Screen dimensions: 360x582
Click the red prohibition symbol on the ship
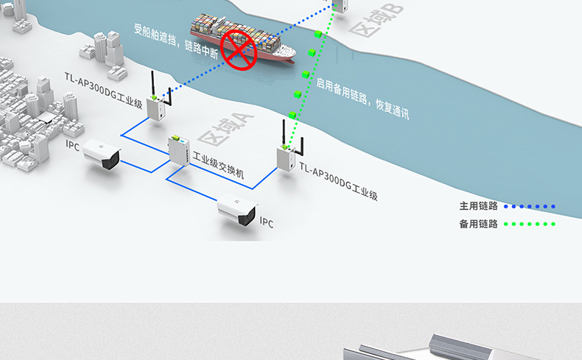[239, 49]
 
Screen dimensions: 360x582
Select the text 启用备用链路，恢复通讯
[362, 99]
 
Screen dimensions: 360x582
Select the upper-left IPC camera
[102, 154]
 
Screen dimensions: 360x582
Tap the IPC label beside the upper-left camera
[72, 144]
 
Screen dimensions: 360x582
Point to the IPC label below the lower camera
[266, 222]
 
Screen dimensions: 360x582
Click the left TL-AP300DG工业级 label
[103, 89]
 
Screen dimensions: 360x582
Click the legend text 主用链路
[478, 206]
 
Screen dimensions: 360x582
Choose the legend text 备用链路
[478, 224]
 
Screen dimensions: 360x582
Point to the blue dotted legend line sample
[530, 207]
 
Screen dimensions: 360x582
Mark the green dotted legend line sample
[530, 224]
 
